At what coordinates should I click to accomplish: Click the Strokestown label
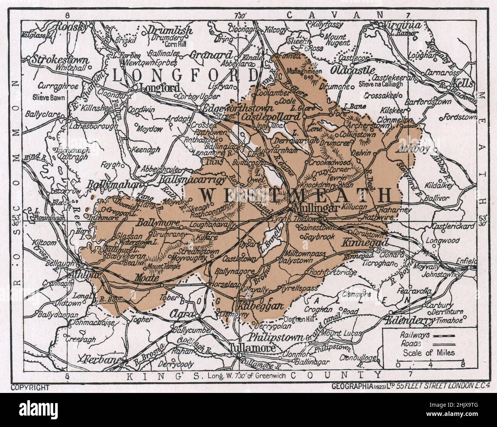61,60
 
